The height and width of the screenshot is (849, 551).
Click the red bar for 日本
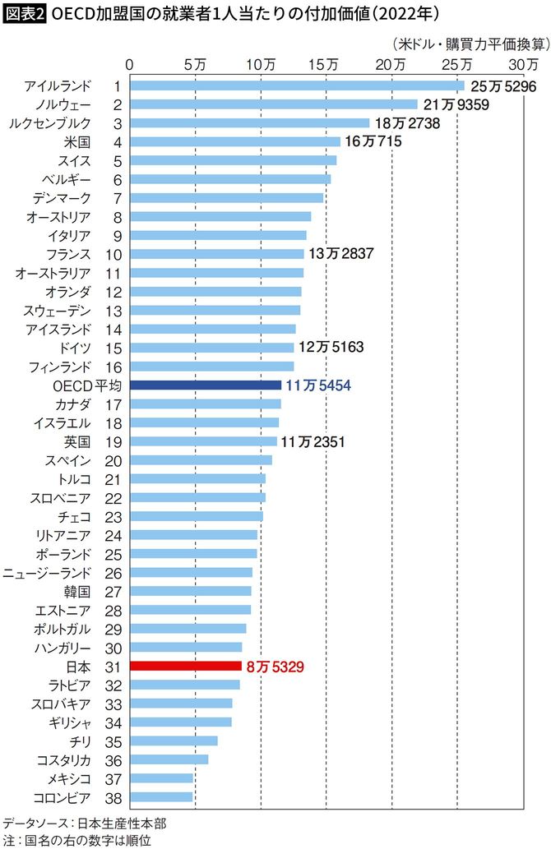tap(186, 666)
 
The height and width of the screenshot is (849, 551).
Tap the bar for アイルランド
tap(297, 85)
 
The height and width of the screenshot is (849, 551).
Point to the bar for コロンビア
tap(161, 796)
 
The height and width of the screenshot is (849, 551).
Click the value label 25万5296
tap(503, 86)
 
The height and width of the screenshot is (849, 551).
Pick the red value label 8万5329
tap(275, 667)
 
